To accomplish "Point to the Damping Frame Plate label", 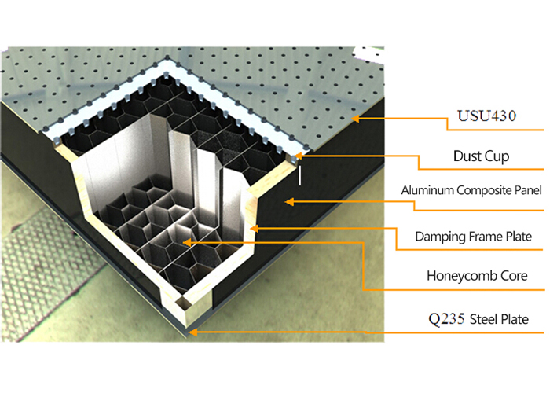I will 475,235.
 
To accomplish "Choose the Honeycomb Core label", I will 476,276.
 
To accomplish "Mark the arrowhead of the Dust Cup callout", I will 299,156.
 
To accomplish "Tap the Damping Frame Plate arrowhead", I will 254,228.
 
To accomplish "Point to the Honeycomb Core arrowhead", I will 186,243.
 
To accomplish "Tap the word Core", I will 511,276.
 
